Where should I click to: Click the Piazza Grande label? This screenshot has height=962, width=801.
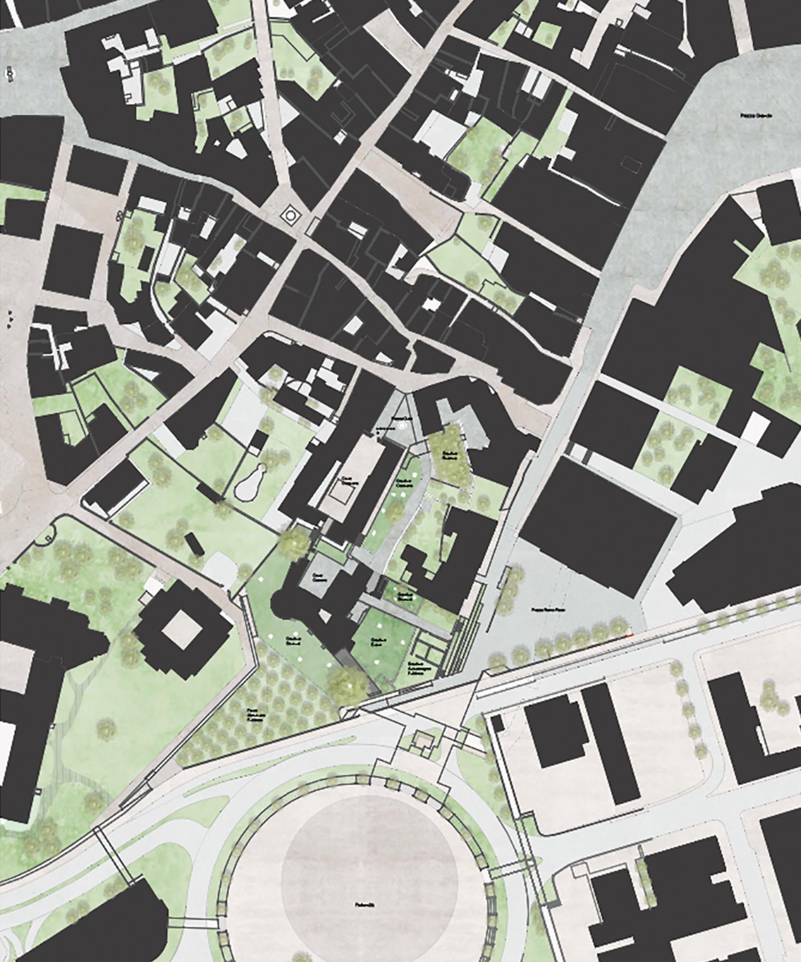coord(756,115)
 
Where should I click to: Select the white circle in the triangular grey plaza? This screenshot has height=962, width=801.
coord(401,425)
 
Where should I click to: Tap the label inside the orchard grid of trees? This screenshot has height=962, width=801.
coord(256,712)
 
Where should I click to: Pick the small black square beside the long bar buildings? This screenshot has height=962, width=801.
coord(497,723)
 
